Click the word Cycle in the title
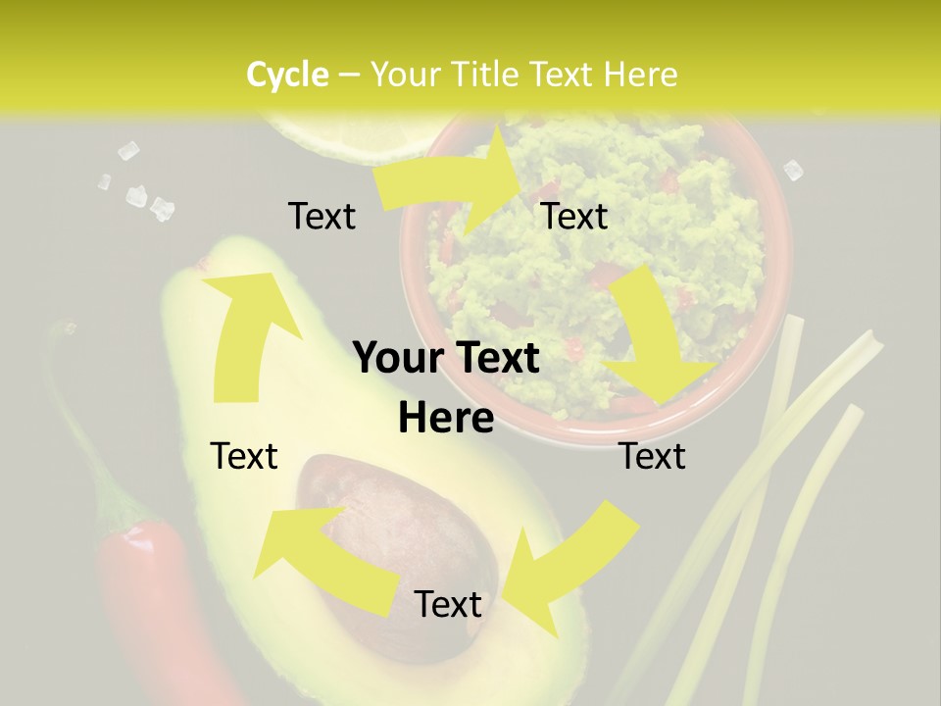287,75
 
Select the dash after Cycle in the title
349,75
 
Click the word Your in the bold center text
397,359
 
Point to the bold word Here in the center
446,419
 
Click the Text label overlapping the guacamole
574,217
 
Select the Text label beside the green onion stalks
652,457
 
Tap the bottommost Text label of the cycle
448,605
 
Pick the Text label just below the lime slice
322,217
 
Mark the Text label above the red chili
244,457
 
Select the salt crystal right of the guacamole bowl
793,170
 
